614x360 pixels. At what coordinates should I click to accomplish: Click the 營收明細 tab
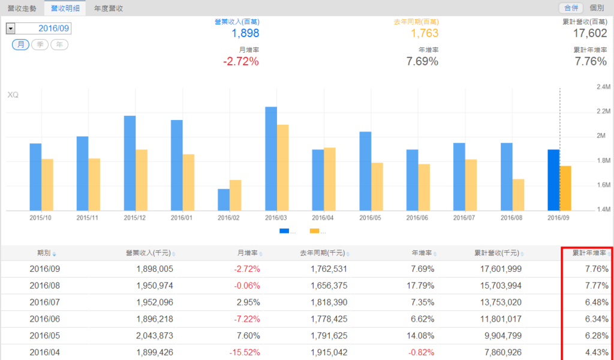(x=64, y=8)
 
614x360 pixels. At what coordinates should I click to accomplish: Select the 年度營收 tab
(x=109, y=8)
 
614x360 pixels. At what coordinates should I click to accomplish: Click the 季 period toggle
(x=40, y=45)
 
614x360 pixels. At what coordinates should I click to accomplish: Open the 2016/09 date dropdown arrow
(x=10, y=28)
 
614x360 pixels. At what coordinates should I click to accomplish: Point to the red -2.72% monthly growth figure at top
(x=241, y=61)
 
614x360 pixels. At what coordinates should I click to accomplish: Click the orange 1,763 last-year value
(x=425, y=34)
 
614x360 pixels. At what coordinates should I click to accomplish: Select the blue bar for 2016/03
(x=271, y=159)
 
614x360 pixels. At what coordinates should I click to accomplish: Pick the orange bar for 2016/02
(x=236, y=195)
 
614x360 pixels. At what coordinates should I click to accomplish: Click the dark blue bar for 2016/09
(x=553, y=180)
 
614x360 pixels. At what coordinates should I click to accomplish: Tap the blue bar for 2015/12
(x=130, y=163)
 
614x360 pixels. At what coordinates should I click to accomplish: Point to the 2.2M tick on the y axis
(x=603, y=112)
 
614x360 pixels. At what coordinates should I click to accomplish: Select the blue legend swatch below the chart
(x=284, y=231)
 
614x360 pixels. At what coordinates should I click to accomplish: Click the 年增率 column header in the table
(x=423, y=253)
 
